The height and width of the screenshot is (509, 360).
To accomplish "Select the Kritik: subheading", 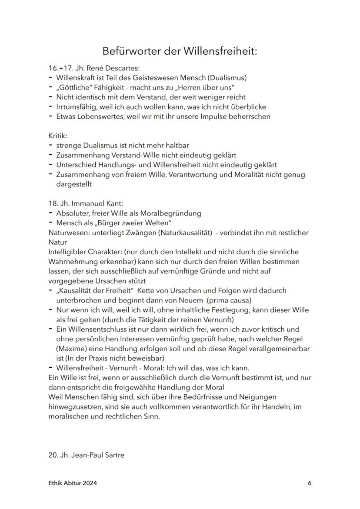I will pyautogui.click(x=57, y=136).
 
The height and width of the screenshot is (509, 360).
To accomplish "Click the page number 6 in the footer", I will pyautogui.click(x=310, y=483).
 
